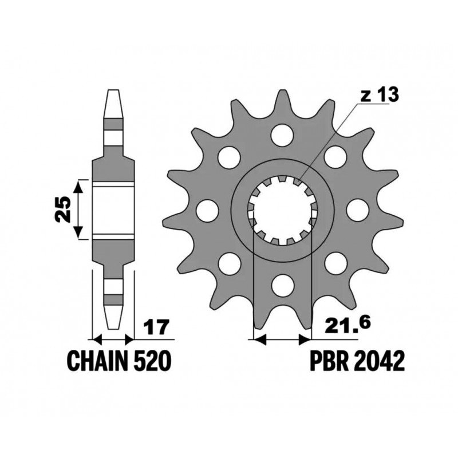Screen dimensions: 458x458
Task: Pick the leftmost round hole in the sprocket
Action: (x=205, y=210)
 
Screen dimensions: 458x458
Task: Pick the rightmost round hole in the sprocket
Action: (x=357, y=210)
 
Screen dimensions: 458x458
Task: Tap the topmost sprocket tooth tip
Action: (x=281, y=93)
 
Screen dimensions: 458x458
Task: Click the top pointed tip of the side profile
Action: (x=113, y=91)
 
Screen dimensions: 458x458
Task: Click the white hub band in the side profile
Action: (x=113, y=210)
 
